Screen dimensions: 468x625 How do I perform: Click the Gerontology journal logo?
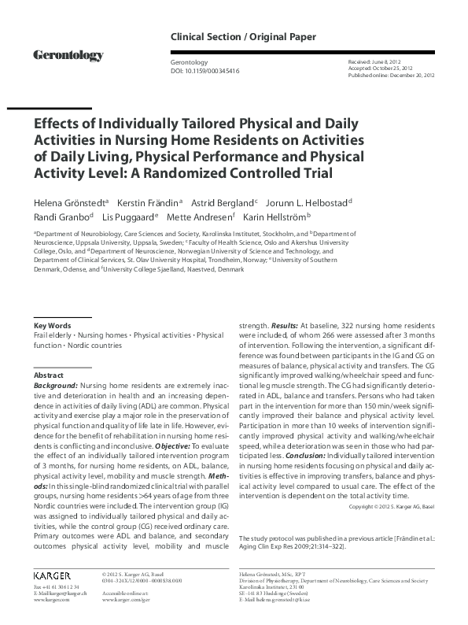click(68, 55)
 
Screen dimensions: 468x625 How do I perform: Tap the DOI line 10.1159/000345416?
click(205, 71)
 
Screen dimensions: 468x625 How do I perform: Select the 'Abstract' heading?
click(49, 376)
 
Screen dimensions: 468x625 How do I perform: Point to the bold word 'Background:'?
click(56, 386)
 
